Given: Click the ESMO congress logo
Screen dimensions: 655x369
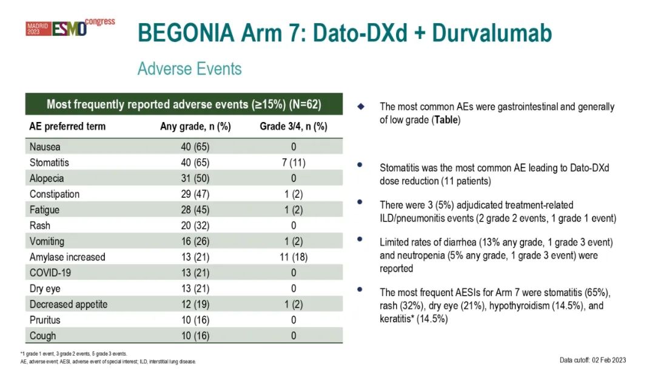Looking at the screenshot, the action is coord(70,27).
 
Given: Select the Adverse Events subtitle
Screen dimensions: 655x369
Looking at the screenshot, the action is coord(190,69).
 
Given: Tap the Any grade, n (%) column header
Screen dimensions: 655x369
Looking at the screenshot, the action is coord(195,126).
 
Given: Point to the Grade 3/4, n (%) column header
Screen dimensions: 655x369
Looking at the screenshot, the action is coord(294,126).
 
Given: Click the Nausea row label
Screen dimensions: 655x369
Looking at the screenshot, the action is coord(45,147).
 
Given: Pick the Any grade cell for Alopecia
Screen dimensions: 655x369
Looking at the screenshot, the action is coord(195,178).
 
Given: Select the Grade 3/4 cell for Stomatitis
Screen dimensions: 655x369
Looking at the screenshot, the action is coord(294,163).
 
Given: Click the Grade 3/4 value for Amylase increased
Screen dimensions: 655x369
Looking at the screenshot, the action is coord(294,257).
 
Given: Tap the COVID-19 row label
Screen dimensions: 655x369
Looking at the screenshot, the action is coord(50,273).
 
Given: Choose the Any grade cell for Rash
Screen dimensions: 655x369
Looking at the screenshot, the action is coord(195,226).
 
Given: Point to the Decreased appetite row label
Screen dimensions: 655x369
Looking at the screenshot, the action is coord(69,304).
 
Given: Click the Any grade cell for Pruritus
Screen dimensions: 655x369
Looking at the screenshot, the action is coord(195,320).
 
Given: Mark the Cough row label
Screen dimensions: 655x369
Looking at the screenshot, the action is coord(42,336).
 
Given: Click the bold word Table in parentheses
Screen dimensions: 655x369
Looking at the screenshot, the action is coord(446,120).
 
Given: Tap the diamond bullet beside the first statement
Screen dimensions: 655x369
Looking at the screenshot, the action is coord(361,107).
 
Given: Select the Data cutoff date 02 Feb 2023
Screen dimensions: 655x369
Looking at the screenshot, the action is coord(609,360).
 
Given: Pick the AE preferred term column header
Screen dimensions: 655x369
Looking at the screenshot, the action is coord(67,126).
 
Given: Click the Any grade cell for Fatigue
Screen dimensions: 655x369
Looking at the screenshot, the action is coord(195,210).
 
